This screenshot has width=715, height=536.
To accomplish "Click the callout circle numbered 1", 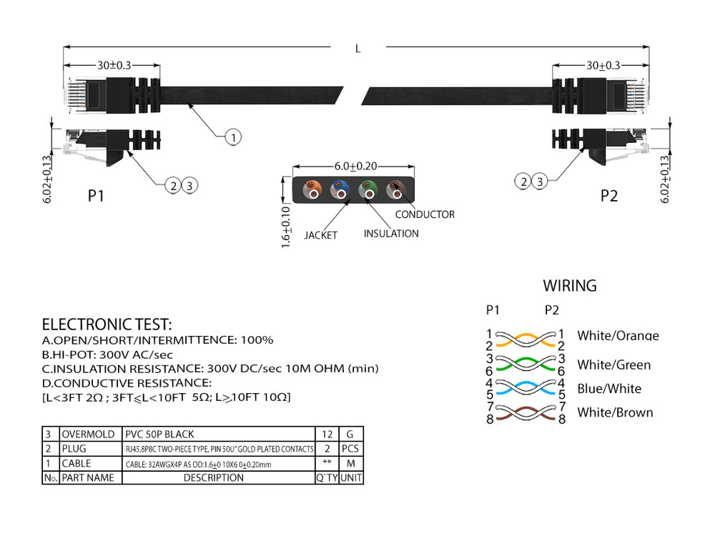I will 233,137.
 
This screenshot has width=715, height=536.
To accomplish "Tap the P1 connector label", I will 97,196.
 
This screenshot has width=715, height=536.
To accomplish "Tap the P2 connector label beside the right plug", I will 609,196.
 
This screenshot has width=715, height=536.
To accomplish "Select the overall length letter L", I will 357,49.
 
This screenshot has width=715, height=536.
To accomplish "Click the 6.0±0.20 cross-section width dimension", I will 355,166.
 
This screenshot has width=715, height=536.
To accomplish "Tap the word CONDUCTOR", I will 425,214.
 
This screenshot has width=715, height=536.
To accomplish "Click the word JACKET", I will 320,234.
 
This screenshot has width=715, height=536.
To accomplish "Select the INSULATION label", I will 391,234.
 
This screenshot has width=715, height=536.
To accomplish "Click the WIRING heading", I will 569,286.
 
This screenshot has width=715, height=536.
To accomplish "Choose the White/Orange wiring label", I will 618,336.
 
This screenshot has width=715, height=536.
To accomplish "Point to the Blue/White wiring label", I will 609,389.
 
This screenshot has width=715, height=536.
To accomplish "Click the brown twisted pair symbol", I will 526,413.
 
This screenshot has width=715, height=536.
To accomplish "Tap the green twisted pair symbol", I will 526,364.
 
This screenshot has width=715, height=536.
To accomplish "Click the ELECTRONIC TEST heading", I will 107,324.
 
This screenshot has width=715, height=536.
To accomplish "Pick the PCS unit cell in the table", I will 350,449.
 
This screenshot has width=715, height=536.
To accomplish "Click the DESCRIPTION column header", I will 214,477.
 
